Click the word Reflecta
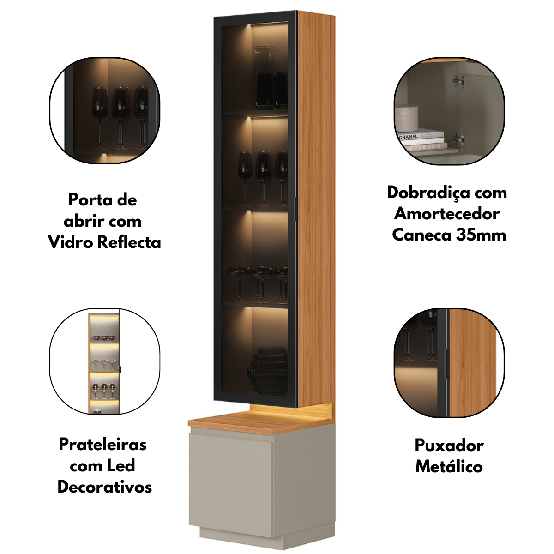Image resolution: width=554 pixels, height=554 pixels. pyautogui.click(x=129, y=242)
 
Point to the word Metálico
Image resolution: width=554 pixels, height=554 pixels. pyautogui.click(x=449, y=475)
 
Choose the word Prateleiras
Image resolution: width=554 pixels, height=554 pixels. pyautogui.click(x=102, y=445)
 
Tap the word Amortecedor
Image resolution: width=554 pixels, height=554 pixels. pyautogui.click(x=447, y=214)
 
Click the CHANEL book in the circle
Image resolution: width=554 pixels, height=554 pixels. pyautogui.click(x=421, y=136)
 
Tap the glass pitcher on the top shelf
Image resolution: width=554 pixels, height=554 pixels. pyautogui.click(x=263, y=78)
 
